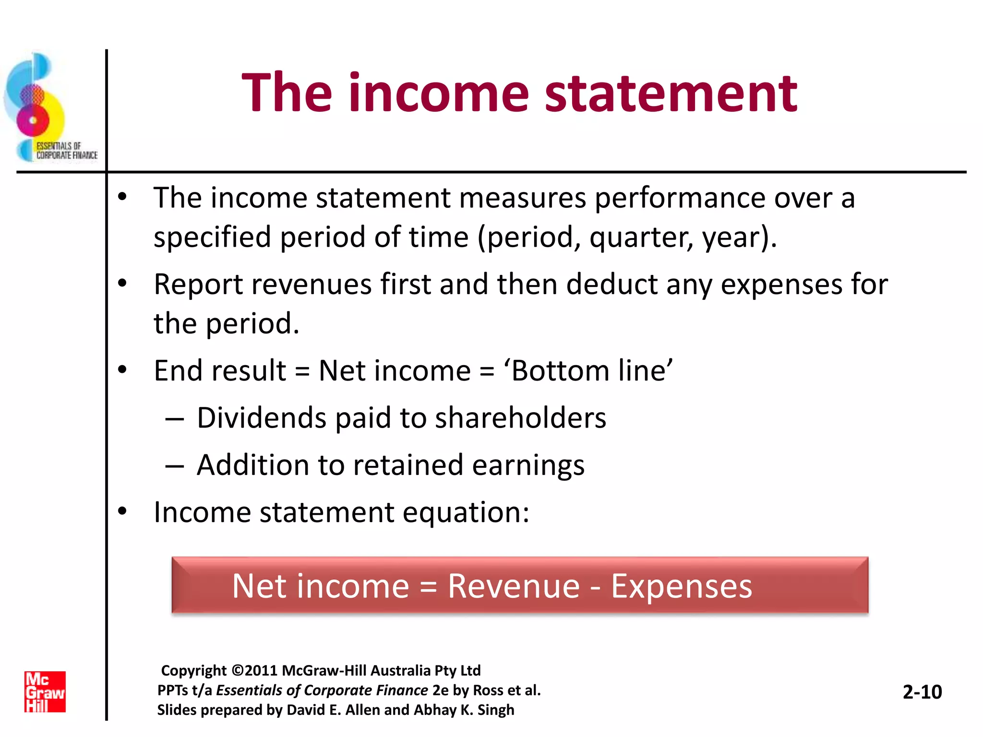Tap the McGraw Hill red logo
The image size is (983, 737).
click(x=45, y=691)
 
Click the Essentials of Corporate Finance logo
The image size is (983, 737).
click(x=48, y=108)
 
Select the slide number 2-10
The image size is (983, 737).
click(x=922, y=692)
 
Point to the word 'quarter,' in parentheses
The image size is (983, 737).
click(x=641, y=238)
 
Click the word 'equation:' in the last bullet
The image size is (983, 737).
click(x=466, y=513)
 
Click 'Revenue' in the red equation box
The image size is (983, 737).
click(x=514, y=586)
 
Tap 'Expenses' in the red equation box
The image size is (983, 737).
click(x=681, y=586)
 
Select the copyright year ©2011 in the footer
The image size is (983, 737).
click(x=255, y=670)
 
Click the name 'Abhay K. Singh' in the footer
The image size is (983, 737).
click(x=464, y=710)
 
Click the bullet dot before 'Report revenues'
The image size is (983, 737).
click(x=122, y=284)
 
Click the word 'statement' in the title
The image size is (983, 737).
click(x=671, y=94)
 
